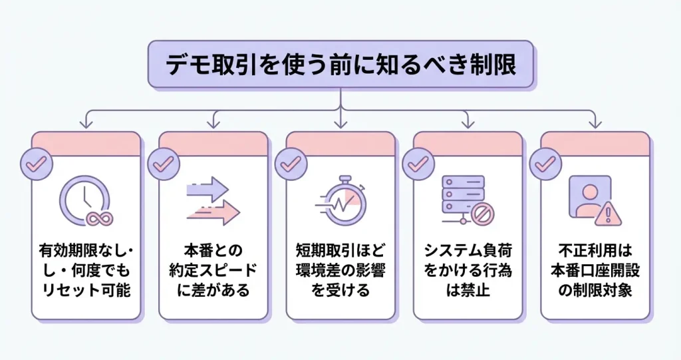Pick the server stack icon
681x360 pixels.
pos(464,198)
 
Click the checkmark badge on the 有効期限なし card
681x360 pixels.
pos(34,164)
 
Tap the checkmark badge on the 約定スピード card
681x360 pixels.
pos(161,164)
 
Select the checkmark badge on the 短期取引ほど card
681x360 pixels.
pos(289,164)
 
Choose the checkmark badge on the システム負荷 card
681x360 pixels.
pos(416,164)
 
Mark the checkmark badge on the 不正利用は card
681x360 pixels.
pos(544,164)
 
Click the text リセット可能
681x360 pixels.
pos(86,291)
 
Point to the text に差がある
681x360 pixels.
pos(213,291)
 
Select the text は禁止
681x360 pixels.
pos(468,291)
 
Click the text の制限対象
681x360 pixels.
pos(595,291)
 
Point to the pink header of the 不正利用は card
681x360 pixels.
pos(595,142)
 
